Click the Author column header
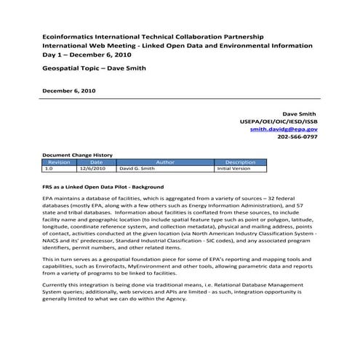[x=165, y=162]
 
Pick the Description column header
[x=241, y=162]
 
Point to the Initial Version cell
[x=233, y=168]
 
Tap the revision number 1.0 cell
[x=49, y=168]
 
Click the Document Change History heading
[x=77, y=155]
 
